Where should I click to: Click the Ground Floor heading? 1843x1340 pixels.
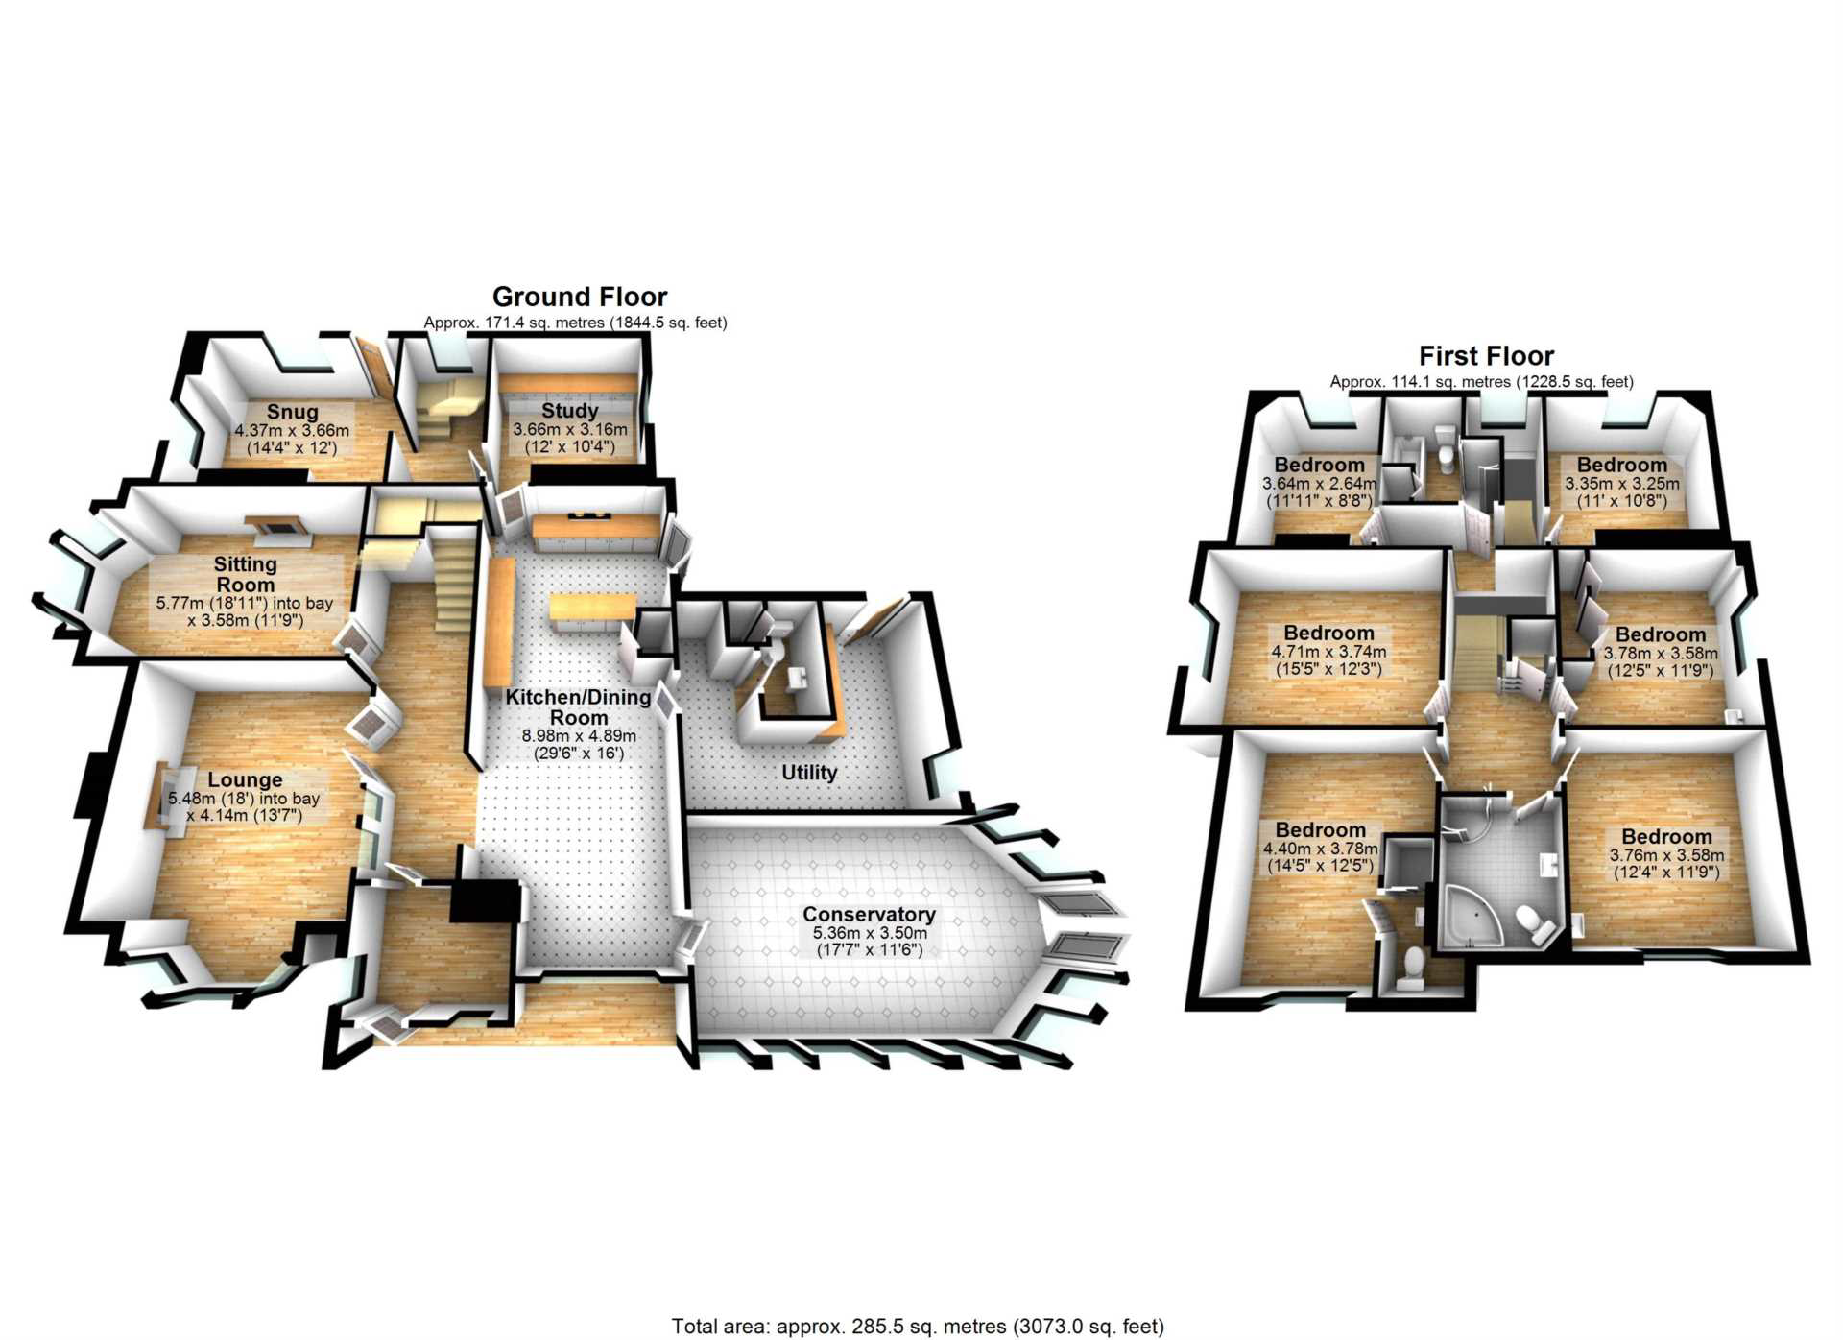pyautogui.click(x=580, y=297)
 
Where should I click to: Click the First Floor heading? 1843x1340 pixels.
pyautogui.click(x=1486, y=356)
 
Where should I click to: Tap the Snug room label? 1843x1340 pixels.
pyautogui.click(x=292, y=412)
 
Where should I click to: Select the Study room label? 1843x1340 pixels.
pyautogui.click(x=569, y=411)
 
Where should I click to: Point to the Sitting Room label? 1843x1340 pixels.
pyautogui.click(x=246, y=574)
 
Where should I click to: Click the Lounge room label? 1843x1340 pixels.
pyautogui.click(x=245, y=779)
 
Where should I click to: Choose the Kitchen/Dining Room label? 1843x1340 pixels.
pyautogui.click(x=579, y=707)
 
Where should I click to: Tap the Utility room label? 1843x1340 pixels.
pyautogui.click(x=809, y=773)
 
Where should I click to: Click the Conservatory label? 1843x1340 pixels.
pyautogui.click(x=869, y=915)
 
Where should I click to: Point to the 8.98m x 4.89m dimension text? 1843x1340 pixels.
pyautogui.click(x=579, y=736)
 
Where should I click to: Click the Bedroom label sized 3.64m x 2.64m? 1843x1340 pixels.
pyautogui.click(x=1319, y=465)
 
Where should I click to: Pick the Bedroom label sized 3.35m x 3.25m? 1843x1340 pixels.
pyautogui.click(x=1622, y=466)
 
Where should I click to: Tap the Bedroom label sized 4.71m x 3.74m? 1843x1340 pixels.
pyautogui.click(x=1328, y=634)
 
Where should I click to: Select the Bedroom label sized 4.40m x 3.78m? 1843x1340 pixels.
pyautogui.click(x=1320, y=830)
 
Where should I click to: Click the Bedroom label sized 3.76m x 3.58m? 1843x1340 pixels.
pyautogui.click(x=1666, y=837)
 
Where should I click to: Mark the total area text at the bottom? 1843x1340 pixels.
pyautogui.click(x=918, y=1327)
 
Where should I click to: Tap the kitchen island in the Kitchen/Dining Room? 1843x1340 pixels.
pyautogui.click(x=592, y=609)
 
